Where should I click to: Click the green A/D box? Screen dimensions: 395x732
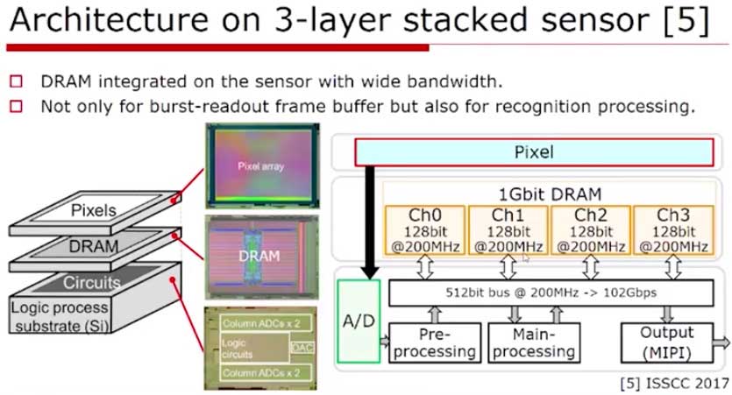tap(357, 321)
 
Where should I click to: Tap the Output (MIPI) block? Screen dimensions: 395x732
tap(665, 342)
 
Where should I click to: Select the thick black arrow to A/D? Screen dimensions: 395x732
tap(371, 219)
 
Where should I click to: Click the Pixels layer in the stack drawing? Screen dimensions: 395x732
tap(93, 210)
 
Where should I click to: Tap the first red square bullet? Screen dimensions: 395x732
tap(16, 82)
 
